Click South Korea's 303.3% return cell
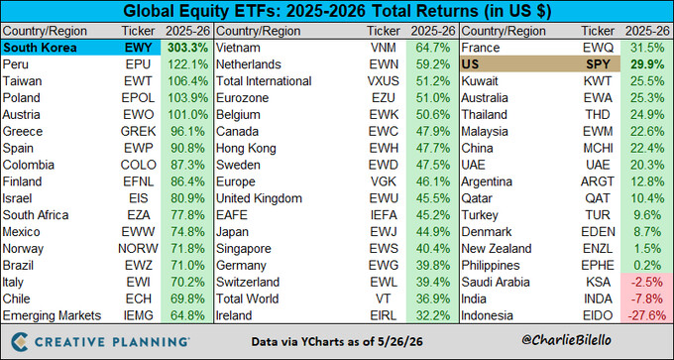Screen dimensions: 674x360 coord(187,48)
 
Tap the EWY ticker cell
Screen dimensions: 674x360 coord(136,48)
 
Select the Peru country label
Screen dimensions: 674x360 coord(15,64)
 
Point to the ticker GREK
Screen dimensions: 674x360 coord(139,131)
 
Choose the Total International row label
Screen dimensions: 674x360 coord(264,81)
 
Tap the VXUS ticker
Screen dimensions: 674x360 coord(384,81)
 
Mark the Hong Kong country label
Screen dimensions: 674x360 coord(246,149)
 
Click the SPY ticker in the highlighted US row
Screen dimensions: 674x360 coord(598,64)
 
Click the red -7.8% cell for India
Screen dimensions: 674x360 coord(647,299)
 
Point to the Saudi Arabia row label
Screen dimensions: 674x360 coord(496,283)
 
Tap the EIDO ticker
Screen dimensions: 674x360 coord(600,315)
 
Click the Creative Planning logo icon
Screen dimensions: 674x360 coord(20,341)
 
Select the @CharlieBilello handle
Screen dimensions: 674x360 coord(565,340)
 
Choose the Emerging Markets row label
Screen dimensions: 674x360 coord(52,315)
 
